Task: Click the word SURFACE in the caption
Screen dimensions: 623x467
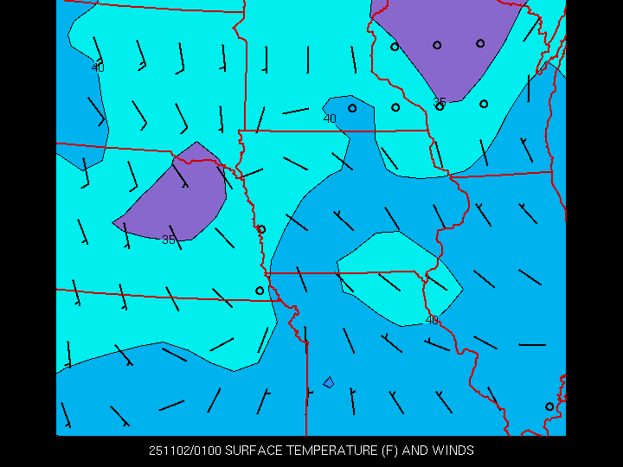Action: click(254, 451)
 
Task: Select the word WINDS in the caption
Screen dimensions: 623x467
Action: click(453, 451)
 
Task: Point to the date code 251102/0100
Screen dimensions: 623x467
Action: click(184, 451)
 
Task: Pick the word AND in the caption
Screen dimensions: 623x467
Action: click(415, 451)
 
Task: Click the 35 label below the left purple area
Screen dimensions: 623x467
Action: click(169, 240)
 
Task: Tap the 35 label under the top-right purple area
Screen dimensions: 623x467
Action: click(440, 102)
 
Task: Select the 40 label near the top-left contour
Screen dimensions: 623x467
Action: click(98, 67)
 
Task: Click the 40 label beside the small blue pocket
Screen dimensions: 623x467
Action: click(330, 118)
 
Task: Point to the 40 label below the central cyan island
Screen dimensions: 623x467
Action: click(432, 320)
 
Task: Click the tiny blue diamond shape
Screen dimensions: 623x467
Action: click(329, 381)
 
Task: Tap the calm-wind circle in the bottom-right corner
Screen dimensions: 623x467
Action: click(549, 406)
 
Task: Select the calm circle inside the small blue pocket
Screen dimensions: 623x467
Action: click(352, 108)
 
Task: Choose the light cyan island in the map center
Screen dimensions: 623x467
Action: click(398, 277)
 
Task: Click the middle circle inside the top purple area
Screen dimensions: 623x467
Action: click(437, 45)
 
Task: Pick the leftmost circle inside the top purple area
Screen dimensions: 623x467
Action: click(395, 47)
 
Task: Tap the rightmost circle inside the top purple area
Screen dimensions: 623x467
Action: click(480, 43)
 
